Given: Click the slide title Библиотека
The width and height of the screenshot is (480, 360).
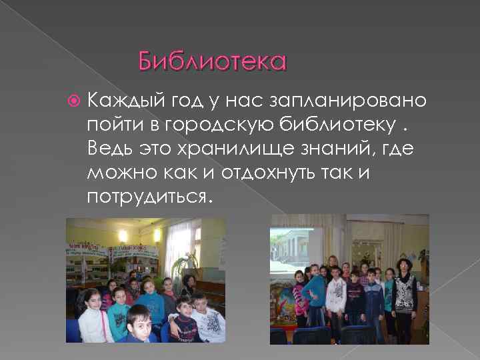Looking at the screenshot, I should point(212,62).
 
